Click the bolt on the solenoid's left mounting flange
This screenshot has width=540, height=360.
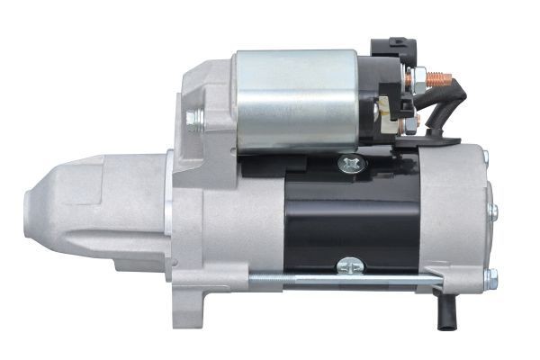(193, 118)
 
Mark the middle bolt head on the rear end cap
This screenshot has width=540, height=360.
(492, 211)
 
